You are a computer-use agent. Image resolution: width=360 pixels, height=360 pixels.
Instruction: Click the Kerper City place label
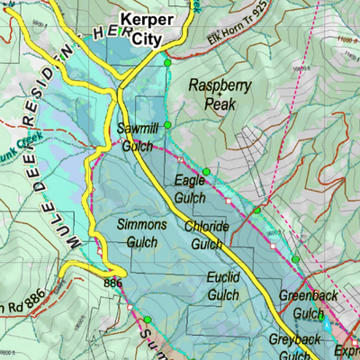[x=148, y=29]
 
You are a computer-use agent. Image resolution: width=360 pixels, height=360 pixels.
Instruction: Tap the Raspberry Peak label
[x=219, y=93]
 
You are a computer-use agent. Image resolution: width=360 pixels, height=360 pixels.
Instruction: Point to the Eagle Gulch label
[x=190, y=188]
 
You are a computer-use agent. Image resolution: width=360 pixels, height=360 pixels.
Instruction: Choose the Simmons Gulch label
[x=142, y=232]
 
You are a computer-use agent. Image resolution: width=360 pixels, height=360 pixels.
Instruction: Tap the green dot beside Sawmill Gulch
[x=166, y=126]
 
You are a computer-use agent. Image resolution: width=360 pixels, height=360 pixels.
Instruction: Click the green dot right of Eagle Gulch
[x=206, y=172]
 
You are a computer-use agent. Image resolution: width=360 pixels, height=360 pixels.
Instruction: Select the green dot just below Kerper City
[x=167, y=63]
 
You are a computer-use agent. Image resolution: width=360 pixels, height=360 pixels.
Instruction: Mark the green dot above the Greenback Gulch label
[x=294, y=260]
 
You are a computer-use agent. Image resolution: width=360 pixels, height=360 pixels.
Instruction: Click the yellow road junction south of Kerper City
[x=120, y=91]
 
